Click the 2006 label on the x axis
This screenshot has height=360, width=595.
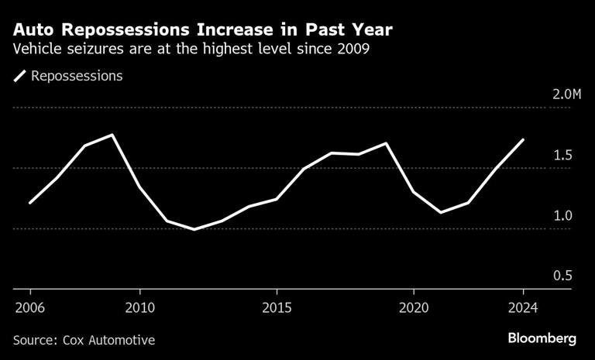[29, 307]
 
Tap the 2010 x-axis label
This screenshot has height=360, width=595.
[140, 307]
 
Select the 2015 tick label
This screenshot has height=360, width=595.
[277, 307]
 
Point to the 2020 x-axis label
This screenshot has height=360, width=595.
[414, 307]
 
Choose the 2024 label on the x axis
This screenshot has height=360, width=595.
[523, 307]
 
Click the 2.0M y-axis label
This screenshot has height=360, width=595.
[567, 94]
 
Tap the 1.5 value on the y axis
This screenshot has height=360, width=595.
[562, 155]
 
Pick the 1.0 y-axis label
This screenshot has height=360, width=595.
[562, 215]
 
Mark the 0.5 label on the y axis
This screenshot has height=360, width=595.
[562, 276]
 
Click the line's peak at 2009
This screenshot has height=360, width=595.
[112, 135]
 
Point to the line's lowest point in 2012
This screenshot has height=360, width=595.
[194, 229]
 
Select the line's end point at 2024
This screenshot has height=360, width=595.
[523, 139]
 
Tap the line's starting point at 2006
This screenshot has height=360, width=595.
[30, 203]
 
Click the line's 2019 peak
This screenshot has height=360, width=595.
[387, 143]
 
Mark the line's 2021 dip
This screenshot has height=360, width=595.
[441, 212]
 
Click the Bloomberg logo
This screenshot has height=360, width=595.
[542, 338]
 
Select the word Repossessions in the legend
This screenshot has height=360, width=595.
[77, 76]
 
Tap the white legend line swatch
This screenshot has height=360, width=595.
[19, 76]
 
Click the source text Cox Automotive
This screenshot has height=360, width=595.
[109, 340]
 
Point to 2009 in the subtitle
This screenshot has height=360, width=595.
[354, 50]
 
